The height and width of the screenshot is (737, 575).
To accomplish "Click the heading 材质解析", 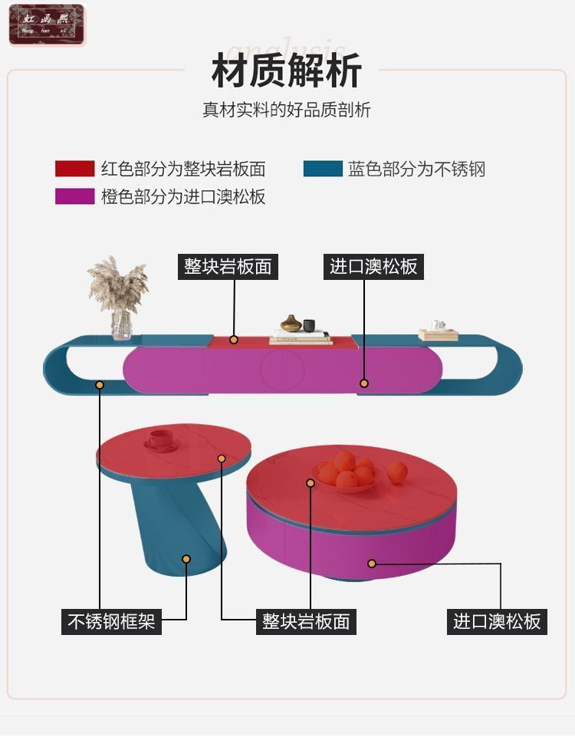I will point(286,71).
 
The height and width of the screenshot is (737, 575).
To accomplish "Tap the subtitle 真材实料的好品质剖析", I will point(286,110).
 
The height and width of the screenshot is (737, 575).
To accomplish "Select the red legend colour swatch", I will point(74,169).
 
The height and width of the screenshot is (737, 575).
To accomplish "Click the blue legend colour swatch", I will point(323,169).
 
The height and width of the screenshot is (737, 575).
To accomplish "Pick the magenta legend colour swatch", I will point(74,196).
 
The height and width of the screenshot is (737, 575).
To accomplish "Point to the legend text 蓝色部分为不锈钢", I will point(416,169).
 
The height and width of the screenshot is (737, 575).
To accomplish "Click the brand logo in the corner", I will point(47,25).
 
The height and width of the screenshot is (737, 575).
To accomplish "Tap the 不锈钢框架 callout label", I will point(111,620).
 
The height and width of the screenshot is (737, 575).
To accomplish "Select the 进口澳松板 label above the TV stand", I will point(373,266).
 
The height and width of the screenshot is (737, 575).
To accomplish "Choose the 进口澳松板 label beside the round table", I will point(497,620).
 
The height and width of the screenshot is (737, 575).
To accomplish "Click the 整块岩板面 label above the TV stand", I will point(228,266).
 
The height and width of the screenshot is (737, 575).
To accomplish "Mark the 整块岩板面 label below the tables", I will point(306,620).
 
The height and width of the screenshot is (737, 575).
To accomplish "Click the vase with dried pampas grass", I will point(119,299).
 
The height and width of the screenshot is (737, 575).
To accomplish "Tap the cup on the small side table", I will point(160,439).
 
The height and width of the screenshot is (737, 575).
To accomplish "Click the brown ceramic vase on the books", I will point(291,324).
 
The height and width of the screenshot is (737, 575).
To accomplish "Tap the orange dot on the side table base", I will point(186,559).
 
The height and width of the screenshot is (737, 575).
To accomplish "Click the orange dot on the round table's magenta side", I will point(372,564).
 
